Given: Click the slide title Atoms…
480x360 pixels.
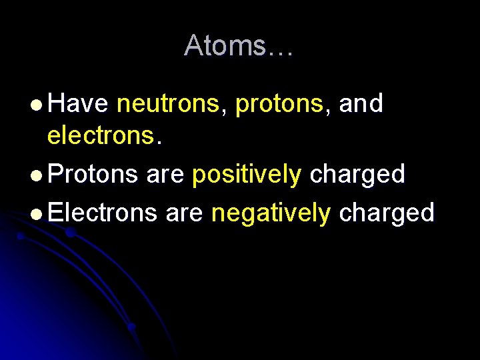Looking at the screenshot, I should [x=238, y=45].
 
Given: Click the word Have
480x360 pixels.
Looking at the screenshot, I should [x=79, y=104].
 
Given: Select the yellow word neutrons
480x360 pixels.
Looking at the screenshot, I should [x=170, y=104].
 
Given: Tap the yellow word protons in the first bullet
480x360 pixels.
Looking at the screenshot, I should [x=279, y=105].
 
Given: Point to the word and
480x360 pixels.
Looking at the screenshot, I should [x=361, y=104].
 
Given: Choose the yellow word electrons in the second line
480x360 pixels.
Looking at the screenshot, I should [x=100, y=136].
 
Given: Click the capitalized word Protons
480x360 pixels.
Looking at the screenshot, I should [x=93, y=175].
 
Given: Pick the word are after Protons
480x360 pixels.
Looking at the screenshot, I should [x=165, y=175].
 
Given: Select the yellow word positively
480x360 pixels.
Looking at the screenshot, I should [x=247, y=175].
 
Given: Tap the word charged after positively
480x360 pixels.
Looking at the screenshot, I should [x=357, y=175].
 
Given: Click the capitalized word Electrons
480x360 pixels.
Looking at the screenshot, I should [x=103, y=213].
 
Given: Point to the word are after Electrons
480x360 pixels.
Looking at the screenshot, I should [x=185, y=214].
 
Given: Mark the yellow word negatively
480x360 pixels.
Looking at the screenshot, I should [x=271, y=214].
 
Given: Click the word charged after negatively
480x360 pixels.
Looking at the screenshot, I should [x=387, y=214].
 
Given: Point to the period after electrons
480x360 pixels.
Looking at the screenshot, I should [x=158, y=142].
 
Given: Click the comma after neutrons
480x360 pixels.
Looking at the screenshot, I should [x=227, y=111].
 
